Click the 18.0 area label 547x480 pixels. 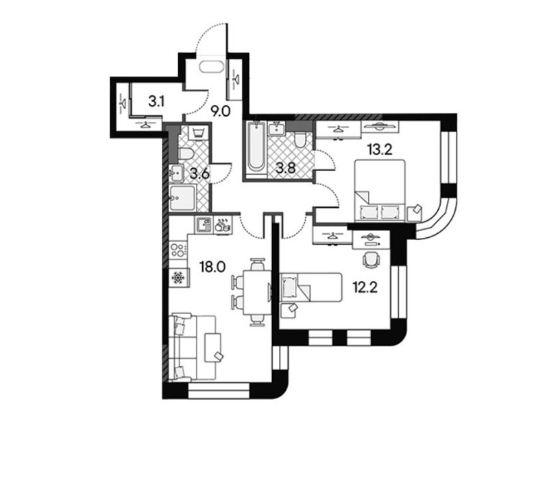pos(212,267)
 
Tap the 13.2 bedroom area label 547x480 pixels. pos(380,149)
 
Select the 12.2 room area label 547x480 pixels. pos(365,288)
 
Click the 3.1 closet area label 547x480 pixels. pos(156,101)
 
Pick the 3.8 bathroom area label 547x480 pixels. pos(286,168)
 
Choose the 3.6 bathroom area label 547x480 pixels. pos(199,173)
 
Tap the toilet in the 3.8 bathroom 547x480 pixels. pos(300,141)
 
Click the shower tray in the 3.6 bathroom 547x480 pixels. pos(183,198)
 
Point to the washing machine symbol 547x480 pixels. pos(198,133)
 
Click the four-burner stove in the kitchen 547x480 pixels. pos(178,250)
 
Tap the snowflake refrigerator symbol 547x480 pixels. pos(178,278)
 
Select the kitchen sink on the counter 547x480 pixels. pos(204,224)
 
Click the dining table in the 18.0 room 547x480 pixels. pos(257,293)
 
